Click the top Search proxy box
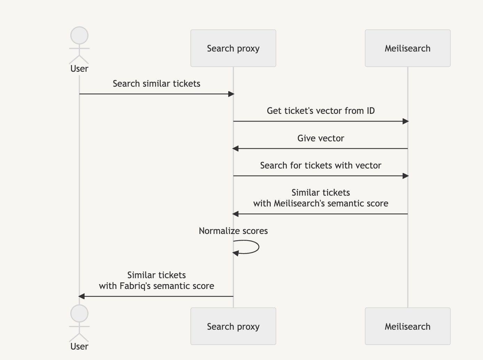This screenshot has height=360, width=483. [x=233, y=48]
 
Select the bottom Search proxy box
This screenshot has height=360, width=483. [x=233, y=326]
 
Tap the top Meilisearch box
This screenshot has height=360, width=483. [x=407, y=48]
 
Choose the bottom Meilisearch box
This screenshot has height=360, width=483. [x=407, y=326]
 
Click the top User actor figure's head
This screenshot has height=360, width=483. [x=79, y=36]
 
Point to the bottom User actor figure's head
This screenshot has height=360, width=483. [x=79, y=314]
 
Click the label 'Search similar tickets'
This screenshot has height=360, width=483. [x=156, y=84]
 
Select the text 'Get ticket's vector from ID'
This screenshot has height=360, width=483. [x=320, y=111]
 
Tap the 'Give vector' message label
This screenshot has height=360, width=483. [x=320, y=138]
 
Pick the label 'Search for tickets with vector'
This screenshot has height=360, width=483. [x=320, y=165]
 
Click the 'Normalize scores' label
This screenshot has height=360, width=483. [x=233, y=231]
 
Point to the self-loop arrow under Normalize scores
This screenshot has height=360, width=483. [x=258, y=247]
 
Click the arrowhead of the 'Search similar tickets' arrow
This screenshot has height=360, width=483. [x=231, y=94]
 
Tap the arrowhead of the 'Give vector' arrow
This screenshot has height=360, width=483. [x=236, y=149]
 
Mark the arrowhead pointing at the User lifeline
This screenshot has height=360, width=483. [x=81, y=296]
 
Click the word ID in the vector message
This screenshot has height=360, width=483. [x=370, y=111]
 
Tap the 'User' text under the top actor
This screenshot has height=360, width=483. [x=79, y=69]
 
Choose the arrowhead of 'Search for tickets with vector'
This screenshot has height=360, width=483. [x=405, y=176]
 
